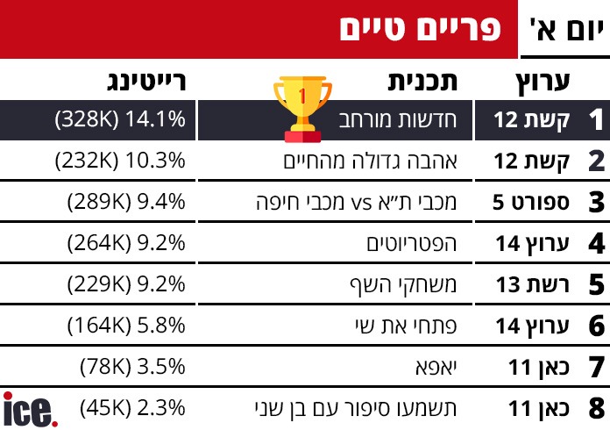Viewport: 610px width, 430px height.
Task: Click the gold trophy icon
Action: click(x=303, y=106)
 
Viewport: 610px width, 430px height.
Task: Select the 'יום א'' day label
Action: click(x=566, y=30)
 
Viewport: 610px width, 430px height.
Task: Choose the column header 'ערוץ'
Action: click(x=541, y=82)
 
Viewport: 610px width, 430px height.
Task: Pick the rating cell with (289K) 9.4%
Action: click(x=126, y=203)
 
